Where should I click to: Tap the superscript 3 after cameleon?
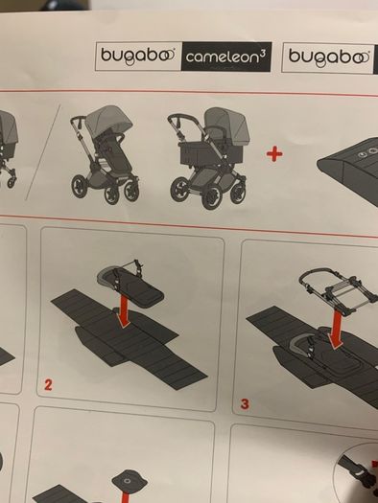click(x=263, y=54)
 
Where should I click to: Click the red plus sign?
click(x=274, y=154)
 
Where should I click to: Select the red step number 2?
click(x=48, y=384)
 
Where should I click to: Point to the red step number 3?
click(x=245, y=404)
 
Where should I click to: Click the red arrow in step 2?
click(x=124, y=311)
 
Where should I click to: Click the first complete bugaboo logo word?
click(x=138, y=56)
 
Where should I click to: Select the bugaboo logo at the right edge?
click(x=329, y=57)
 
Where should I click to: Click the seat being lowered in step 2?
click(x=130, y=284)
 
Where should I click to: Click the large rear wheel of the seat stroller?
click(x=81, y=187)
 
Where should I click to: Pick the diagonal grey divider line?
click(x=43, y=151)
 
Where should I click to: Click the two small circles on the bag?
click(x=368, y=152)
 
